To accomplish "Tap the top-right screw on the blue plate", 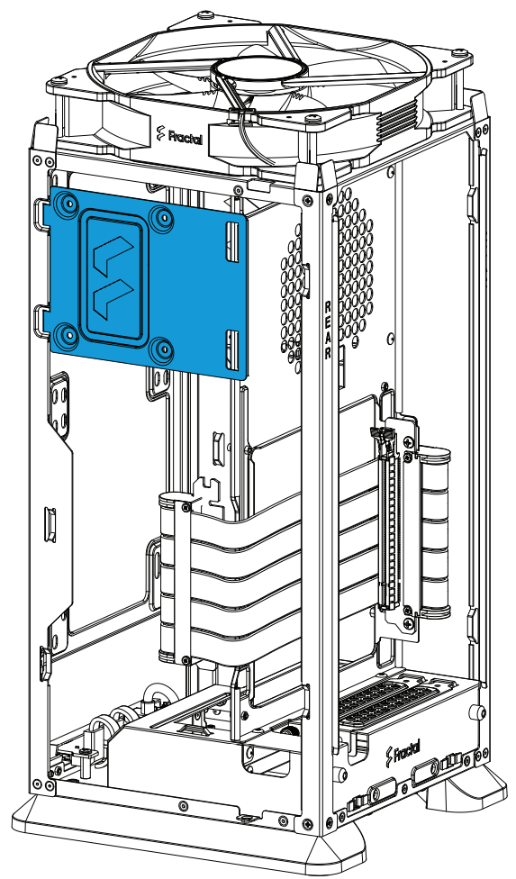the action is (162, 215).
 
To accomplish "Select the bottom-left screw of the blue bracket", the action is (68, 335).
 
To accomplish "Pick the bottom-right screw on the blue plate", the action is (162, 349).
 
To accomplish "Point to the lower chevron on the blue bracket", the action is (113, 299).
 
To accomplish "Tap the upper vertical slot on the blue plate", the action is (232, 241).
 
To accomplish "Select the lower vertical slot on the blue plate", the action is (232, 350).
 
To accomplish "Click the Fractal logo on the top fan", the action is (178, 135).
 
